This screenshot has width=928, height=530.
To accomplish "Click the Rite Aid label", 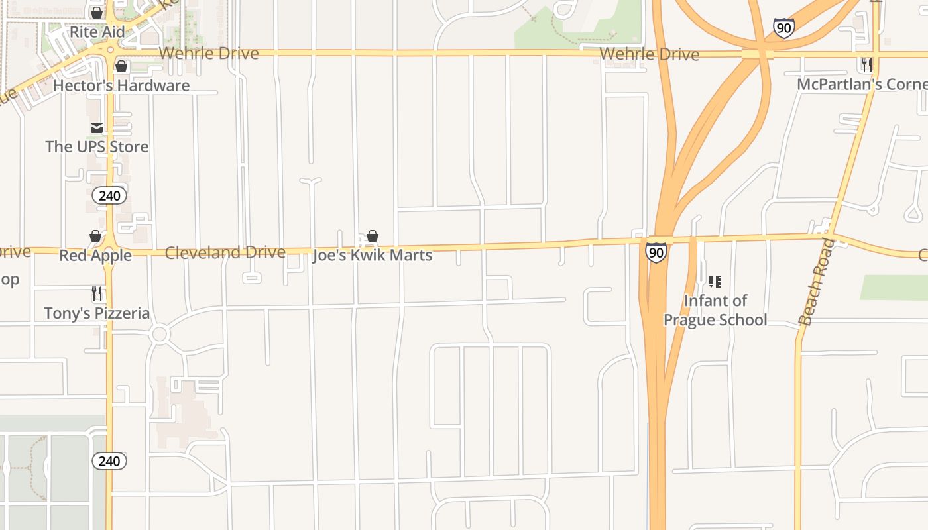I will pyautogui.click(x=97, y=32).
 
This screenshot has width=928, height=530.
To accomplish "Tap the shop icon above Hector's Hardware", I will pyautogui.click(x=121, y=66).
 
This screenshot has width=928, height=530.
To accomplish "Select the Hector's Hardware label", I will pyautogui.click(x=121, y=85).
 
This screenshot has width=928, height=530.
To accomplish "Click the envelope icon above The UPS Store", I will pyautogui.click(x=97, y=128).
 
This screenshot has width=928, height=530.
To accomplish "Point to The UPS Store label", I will pyautogui.click(x=97, y=146).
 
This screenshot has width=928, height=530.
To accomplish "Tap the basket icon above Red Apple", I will pyautogui.click(x=95, y=237).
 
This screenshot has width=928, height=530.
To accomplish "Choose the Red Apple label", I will pyautogui.click(x=95, y=255).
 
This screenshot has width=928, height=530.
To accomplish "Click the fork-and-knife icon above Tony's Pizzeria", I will pyautogui.click(x=97, y=293).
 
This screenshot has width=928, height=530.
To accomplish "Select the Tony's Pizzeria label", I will pyautogui.click(x=97, y=313).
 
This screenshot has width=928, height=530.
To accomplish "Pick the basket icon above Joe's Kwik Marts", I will pyautogui.click(x=373, y=237).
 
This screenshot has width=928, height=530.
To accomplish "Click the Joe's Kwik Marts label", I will pyautogui.click(x=373, y=255).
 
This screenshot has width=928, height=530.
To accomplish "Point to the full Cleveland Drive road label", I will pyautogui.click(x=225, y=252).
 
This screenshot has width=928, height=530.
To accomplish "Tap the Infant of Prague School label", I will pyautogui.click(x=715, y=310).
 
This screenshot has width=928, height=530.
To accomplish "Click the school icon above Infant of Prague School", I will pyautogui.click(x=715, y=282).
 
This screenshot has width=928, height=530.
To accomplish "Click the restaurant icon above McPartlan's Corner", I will pyautogui.click(x=866, y=65).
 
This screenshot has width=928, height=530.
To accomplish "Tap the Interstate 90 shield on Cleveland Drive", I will pyautogui.click(x=656, y=252).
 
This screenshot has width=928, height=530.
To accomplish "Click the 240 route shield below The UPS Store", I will pyautogui.click(x=109, y=195).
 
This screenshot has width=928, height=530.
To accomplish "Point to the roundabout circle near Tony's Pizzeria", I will pyautogui.click(x=159, y=334).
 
